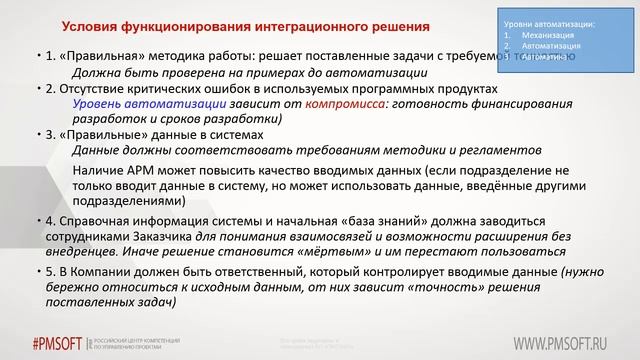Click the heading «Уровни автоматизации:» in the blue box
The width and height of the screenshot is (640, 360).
(x=545, y=22)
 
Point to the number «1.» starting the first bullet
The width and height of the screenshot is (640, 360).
(x=51, y=57)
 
